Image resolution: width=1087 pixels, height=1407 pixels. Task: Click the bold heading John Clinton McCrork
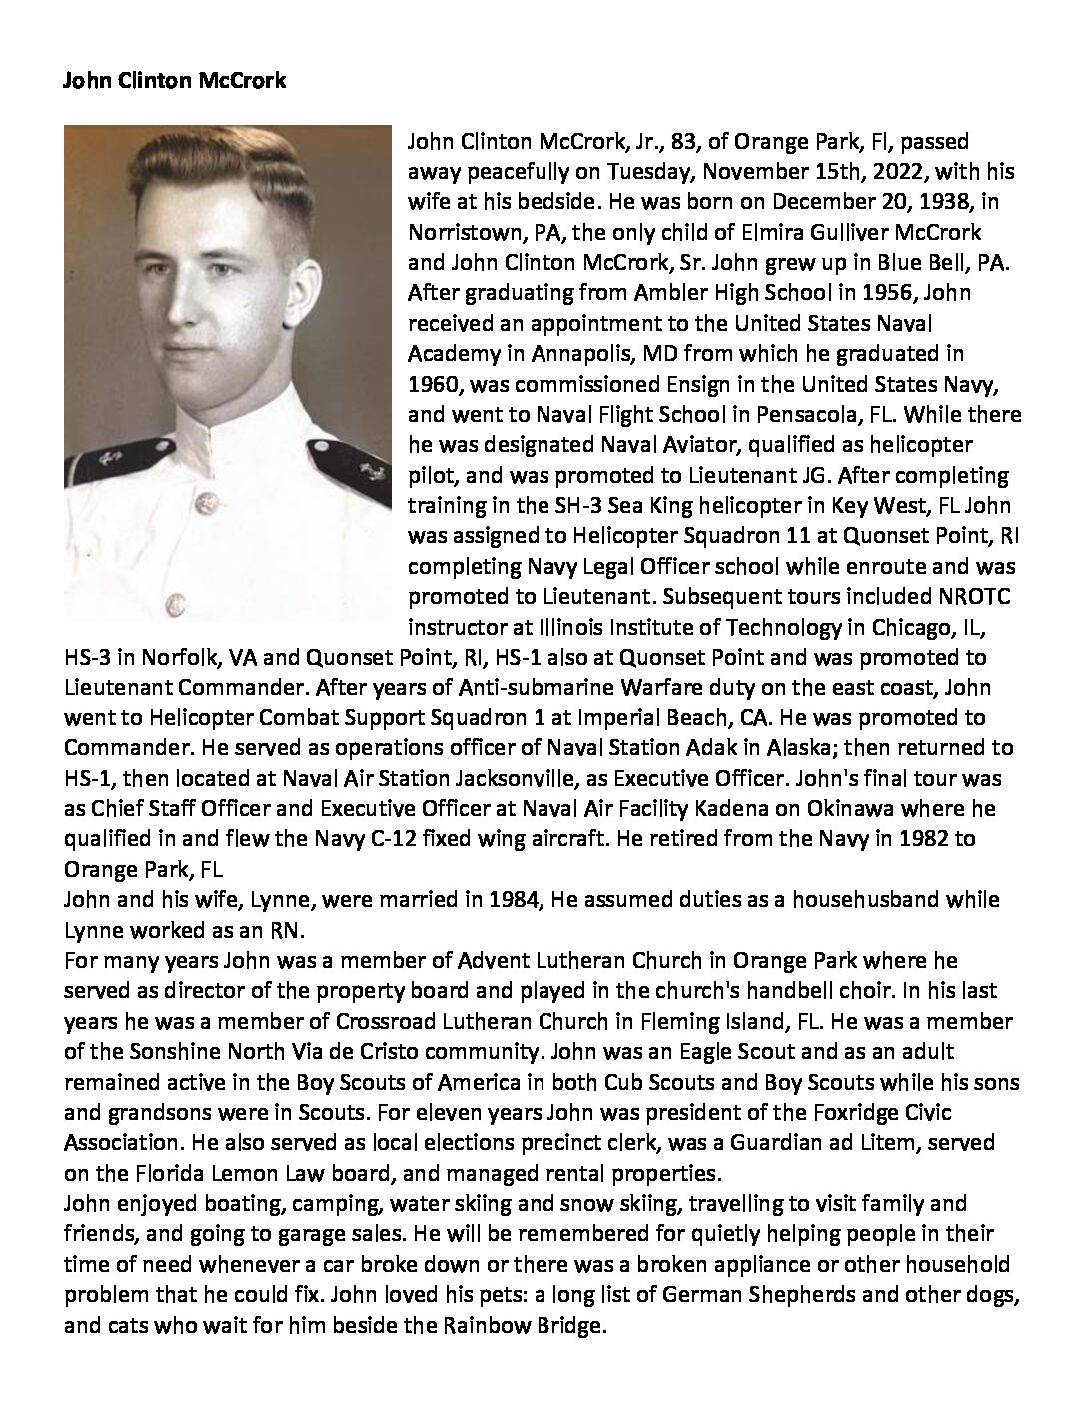coord(174,81)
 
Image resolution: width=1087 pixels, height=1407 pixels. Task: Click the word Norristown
coord(459,232)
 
